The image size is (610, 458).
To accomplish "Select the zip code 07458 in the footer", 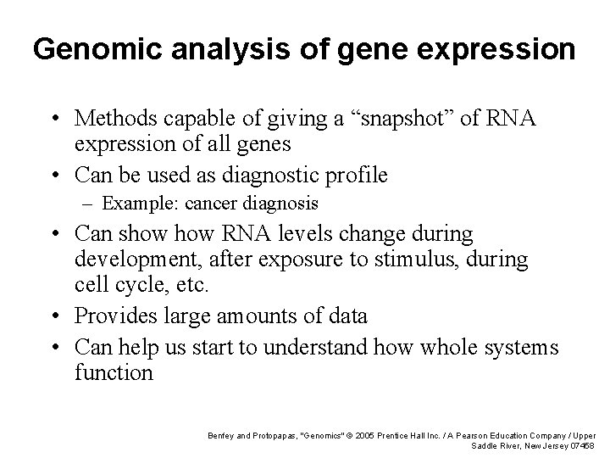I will click(582, 446).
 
